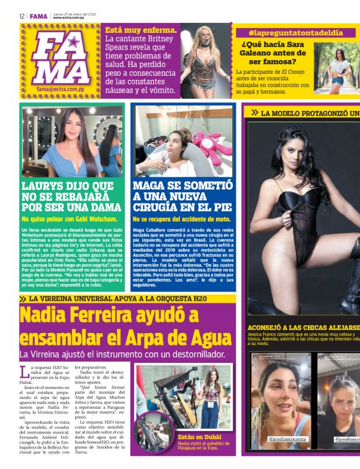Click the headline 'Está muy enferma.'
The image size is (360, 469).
point(142,30)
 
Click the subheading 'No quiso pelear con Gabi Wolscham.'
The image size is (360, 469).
point(69,219)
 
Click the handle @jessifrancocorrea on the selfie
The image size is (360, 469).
point(288,439)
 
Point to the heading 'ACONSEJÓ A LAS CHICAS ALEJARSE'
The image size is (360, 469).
point(304,327)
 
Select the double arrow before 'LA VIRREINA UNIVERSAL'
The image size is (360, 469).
point(23,298)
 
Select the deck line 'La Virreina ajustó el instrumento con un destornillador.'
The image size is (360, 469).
point(121,354)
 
